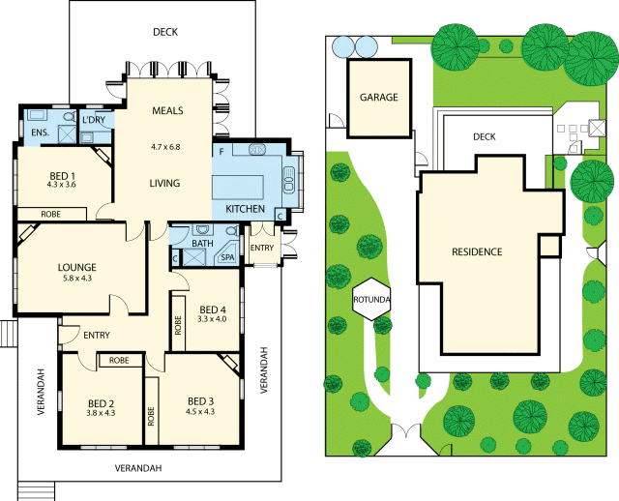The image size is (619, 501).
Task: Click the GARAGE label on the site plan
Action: coord(379,98)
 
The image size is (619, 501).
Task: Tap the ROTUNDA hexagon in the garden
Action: coord(371,299)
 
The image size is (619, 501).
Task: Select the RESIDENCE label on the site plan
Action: coord(477,252)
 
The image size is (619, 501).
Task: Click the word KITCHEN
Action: coord(245,209)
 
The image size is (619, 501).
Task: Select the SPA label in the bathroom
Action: coord(227,257)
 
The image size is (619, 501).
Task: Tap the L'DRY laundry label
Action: coord(94,120)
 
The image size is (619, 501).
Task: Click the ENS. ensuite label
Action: coord(40,132)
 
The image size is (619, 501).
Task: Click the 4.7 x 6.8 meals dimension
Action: coord(165,147)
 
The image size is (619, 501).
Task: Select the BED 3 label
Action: coord(200,401)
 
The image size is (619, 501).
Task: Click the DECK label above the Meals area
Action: coord(165,32)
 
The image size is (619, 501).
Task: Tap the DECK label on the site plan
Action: coord(484,137)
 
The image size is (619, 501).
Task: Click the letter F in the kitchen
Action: coord(221,152)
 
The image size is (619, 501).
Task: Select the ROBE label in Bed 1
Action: coord(52,214)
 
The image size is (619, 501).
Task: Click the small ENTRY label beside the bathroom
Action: coord(262,249)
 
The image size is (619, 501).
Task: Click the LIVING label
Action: coord(165,183)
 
